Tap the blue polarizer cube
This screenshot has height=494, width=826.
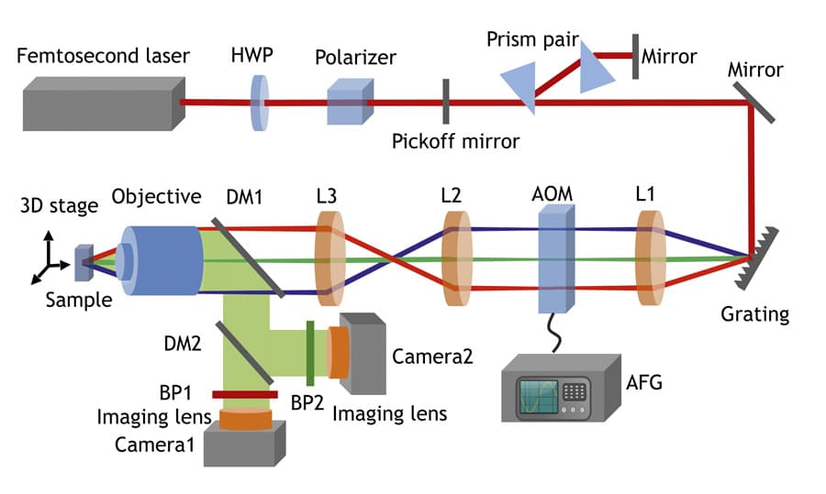coord(349,100)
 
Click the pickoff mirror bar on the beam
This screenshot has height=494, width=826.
coord(446,101)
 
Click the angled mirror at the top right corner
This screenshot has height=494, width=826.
coord(754,102)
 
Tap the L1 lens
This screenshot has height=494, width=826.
coord(651,258)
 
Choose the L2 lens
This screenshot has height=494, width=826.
coord(455,259)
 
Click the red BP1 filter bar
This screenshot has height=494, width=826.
coord(244,394)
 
